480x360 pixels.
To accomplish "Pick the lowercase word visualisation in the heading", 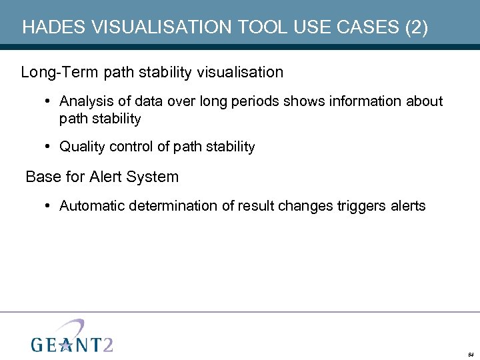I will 241,72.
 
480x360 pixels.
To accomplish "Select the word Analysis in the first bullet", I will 84,101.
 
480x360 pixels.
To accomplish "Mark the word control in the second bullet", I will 132,147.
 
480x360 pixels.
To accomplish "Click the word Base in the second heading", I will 41,177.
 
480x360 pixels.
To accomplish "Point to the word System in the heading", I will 154,177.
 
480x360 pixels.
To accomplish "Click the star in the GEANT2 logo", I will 65,344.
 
